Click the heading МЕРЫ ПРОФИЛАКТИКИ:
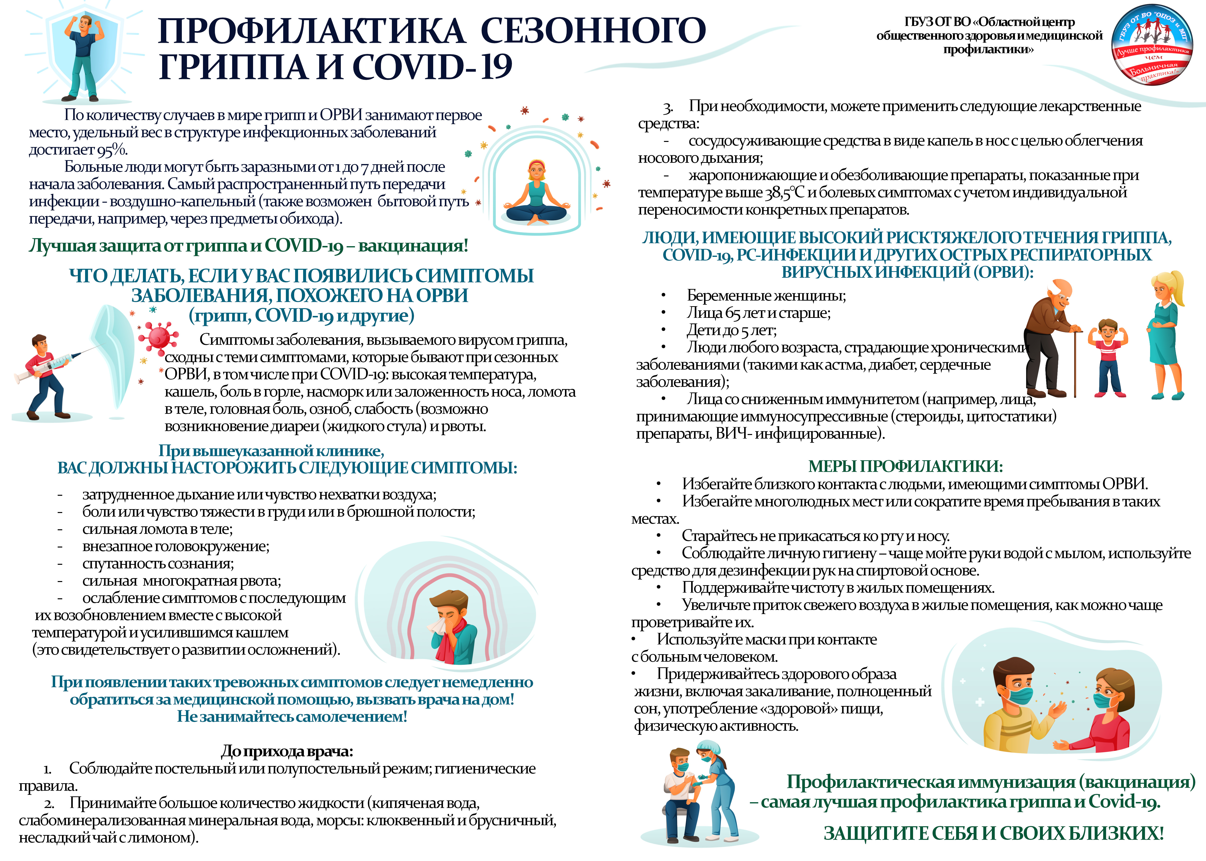(x=905, y=467)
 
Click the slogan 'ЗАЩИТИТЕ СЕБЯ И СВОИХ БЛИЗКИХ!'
(x=993, y=834)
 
